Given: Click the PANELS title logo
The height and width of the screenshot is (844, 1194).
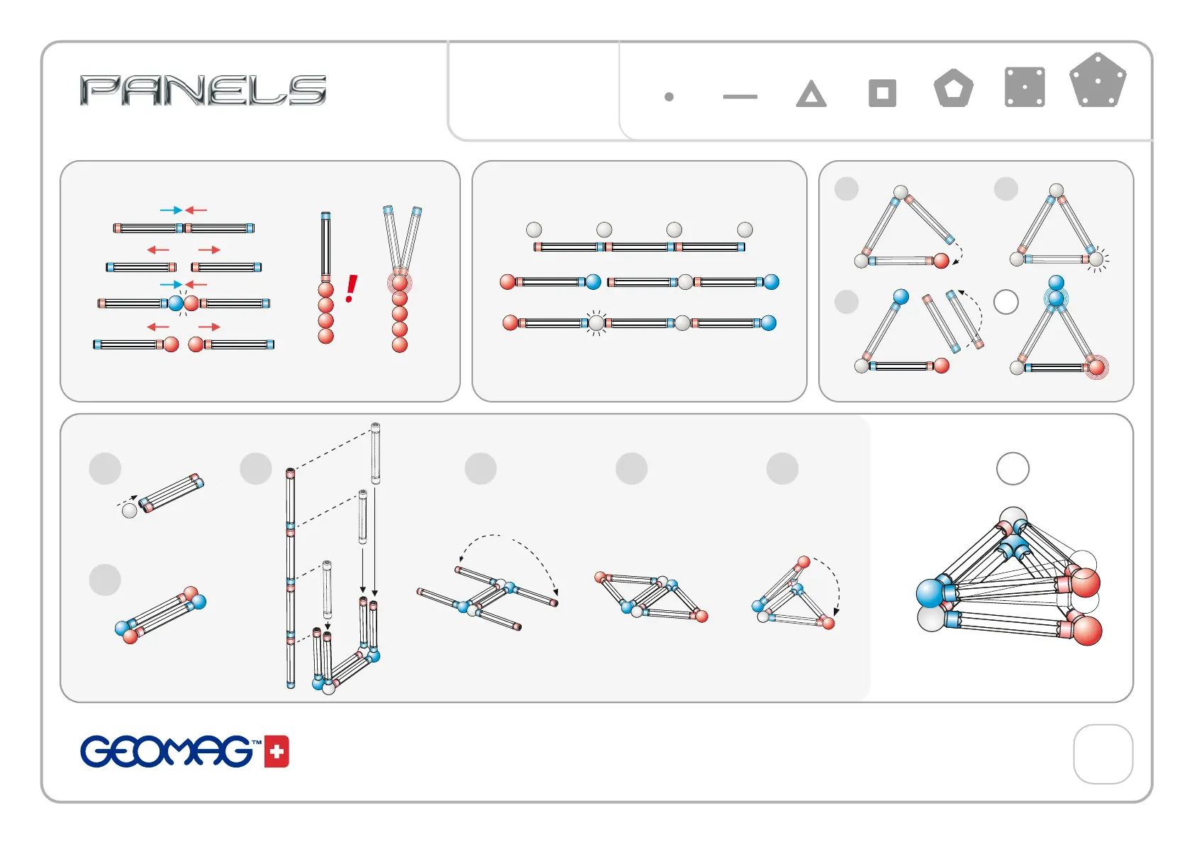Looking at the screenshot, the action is (x=203, y=90).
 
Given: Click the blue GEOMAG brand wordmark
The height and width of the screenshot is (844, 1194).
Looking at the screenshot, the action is (x=167, y=751).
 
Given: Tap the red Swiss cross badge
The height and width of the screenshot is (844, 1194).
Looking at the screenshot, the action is (x=277, y=751).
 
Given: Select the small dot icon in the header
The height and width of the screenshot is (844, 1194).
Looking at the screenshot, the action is (x=669, y=96).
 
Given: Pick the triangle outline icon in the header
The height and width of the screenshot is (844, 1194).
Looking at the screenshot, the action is (x=811, y=94).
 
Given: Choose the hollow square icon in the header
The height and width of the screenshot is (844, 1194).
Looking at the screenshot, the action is (x=882, y=94).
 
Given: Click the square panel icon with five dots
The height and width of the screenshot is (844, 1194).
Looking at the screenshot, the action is (x=1025, y=87).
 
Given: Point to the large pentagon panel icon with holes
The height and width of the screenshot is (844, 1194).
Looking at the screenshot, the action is (x=1098, y=80).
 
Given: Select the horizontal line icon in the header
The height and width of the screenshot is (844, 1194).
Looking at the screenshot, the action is (x=740, y=96).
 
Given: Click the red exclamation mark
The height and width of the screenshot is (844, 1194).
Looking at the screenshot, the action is (x=351, y=288).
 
